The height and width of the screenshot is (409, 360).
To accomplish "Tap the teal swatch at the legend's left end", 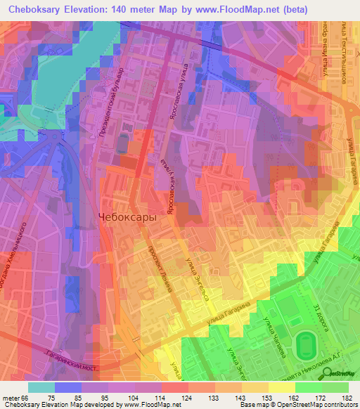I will click(x=41, y=387).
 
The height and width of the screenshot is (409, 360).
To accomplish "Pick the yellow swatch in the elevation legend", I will click(x=282, y=387).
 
